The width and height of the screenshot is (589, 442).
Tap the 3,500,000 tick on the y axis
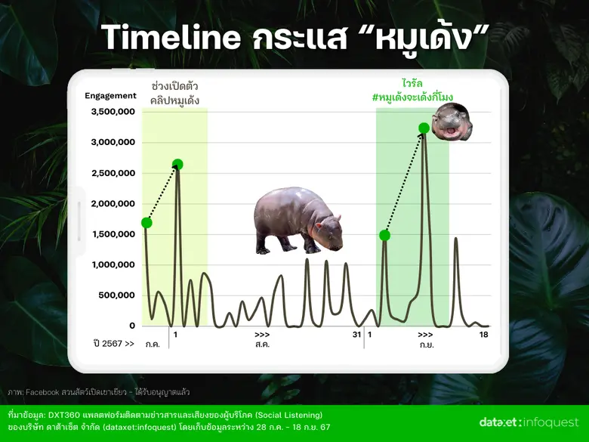[113, 112]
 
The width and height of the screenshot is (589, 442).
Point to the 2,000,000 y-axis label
[113, 203]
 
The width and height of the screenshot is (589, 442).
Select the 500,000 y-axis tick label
[116, 295]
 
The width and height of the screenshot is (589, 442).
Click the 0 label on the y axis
[131, 326]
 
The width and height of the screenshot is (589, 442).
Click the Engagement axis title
[110, 96]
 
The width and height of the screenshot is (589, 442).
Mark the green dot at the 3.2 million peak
[424, 128]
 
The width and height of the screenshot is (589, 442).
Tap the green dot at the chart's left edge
[146, 222]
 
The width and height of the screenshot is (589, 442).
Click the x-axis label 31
[356, 334]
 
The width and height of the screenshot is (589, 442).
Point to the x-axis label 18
[483, 334]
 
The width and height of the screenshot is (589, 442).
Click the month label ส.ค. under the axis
[262, 345]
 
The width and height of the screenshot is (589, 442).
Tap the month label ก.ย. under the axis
[425, 345]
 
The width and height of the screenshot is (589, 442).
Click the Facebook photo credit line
[98, 392]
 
